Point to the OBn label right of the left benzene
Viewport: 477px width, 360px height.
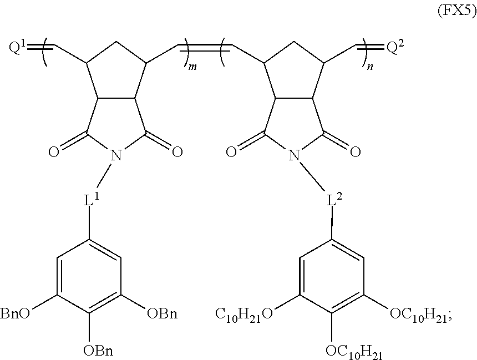[162, 315]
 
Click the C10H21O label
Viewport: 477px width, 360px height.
[244, 315]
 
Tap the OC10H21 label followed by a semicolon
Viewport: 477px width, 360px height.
[420, 315]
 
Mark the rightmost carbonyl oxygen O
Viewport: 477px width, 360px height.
[354, 151]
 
